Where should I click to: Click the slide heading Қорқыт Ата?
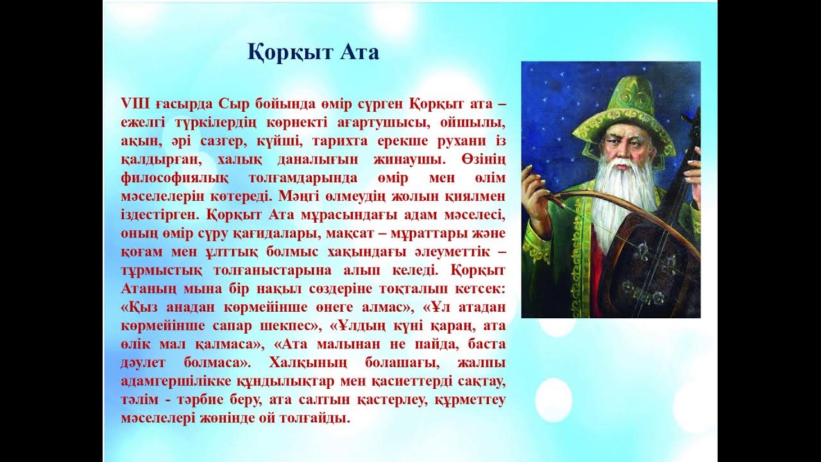pos(313,53)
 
